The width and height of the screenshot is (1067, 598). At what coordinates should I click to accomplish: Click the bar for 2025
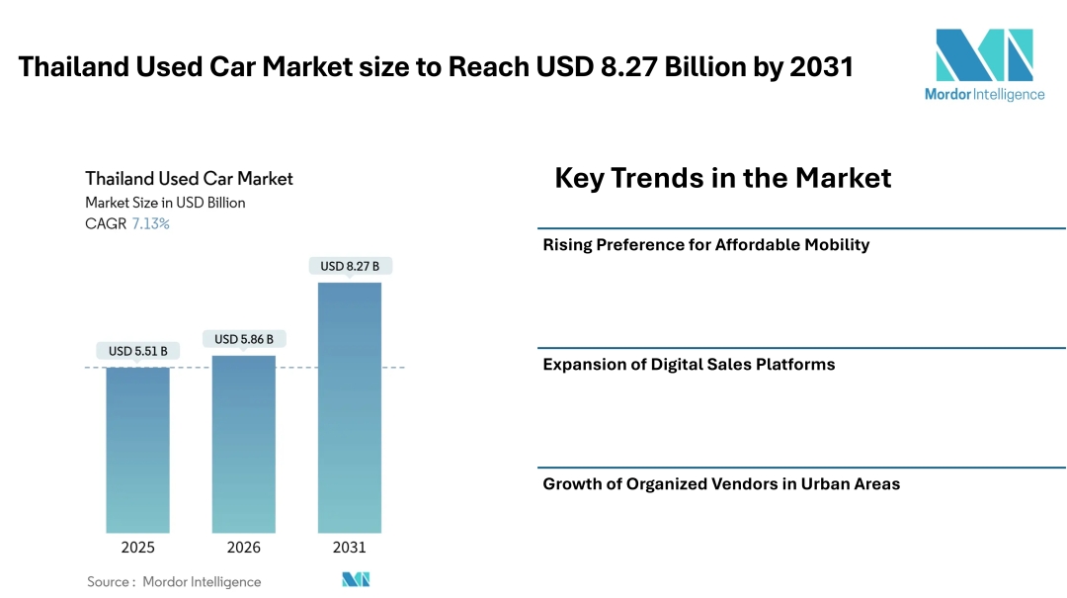(137, 450)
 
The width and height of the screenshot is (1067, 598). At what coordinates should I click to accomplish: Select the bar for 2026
(243, 444)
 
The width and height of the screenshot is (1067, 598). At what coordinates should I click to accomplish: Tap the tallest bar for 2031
(349, 407)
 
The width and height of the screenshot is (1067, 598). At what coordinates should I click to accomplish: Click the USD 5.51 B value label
(137, 351)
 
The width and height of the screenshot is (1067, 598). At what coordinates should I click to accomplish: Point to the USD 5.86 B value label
(243, 339)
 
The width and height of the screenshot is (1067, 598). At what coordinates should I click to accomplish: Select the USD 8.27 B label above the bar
(350, 266)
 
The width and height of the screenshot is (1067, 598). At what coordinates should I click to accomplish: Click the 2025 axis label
(137, 548)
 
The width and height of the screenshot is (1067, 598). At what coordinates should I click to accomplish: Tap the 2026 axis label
(243, 548)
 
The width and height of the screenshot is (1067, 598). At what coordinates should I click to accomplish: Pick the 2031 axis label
(349, 548)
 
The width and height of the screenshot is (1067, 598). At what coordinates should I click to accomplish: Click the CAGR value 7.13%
(150, 224)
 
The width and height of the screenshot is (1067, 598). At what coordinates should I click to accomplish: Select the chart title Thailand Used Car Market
(189, 179)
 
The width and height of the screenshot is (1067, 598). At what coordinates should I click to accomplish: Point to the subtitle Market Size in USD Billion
(165, 203)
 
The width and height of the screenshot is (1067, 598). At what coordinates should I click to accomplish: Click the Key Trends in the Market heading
(722, 178)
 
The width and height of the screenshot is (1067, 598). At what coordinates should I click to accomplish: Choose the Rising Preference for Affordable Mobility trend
(705, 245)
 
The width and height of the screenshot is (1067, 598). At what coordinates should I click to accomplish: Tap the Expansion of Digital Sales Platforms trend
(689, 365)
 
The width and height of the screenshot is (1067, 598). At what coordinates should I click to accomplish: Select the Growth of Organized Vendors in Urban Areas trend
(721, 484)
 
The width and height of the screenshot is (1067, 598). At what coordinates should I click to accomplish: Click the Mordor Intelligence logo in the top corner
(984, 64)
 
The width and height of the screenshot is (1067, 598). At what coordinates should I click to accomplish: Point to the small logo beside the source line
(356, 580)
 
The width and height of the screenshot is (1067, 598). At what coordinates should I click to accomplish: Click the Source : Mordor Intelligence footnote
(174, 582)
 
